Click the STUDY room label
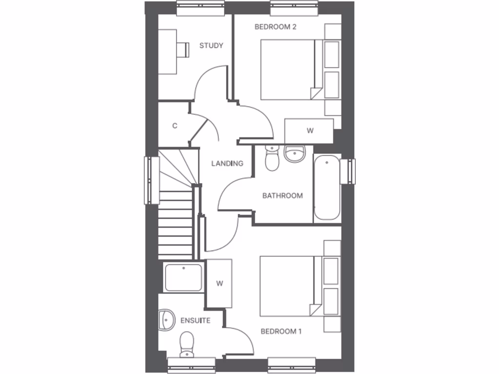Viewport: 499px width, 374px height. (x=211, y=46)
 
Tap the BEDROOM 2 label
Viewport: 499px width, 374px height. (x=275, y=27)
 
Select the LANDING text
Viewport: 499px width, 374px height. (x=227, y=164)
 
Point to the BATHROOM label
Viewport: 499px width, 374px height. (x=282, y=196)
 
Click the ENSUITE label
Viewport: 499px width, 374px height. (x=195, y=320)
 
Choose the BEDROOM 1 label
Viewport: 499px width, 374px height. (x=281, y=332)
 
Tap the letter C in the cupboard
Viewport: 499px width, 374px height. (x=174, y=126)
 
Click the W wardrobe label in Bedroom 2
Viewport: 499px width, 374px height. (x=309, y=131)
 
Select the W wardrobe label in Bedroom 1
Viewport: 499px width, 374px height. (x=219, y=283)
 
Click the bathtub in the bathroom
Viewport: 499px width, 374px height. (x=326, y=187)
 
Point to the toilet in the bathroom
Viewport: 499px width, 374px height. (x=272, y=158)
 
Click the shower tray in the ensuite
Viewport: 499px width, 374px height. (x=184, y=277)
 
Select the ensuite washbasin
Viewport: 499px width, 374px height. (x=166, y=319)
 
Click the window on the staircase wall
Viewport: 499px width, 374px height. (x=151, y=180)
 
